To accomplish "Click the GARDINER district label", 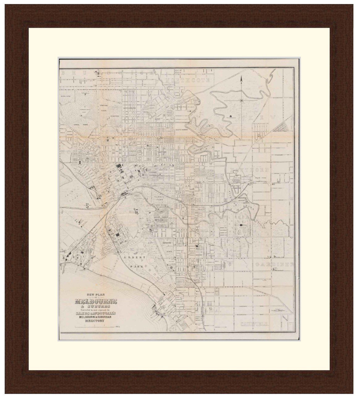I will [x=274, y=265].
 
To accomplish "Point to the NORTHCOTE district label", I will [x=188, y=80].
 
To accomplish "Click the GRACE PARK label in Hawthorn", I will [x=261, y=178].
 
